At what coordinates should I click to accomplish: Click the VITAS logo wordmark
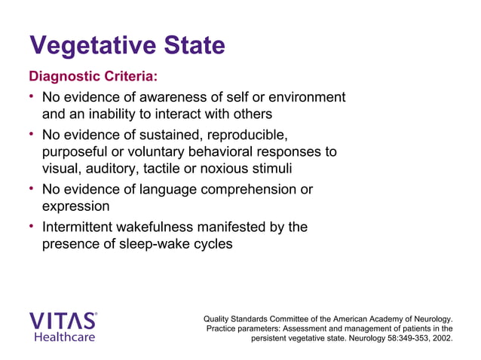coord(63,321)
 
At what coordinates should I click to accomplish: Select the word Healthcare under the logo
coord(64,337)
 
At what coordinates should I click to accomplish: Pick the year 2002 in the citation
coord(441,338)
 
